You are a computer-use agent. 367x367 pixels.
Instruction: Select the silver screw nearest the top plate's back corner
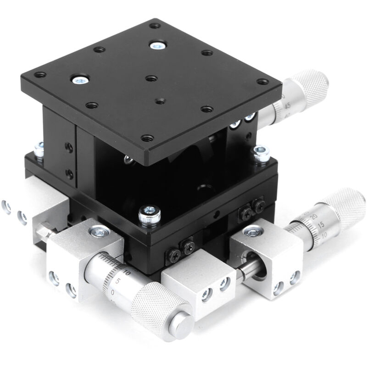(158, 45)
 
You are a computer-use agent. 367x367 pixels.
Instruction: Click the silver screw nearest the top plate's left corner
(79, 80)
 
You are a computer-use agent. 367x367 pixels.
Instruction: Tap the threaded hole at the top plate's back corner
(155, 26)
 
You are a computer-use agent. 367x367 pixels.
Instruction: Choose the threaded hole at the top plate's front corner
(147, 137)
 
